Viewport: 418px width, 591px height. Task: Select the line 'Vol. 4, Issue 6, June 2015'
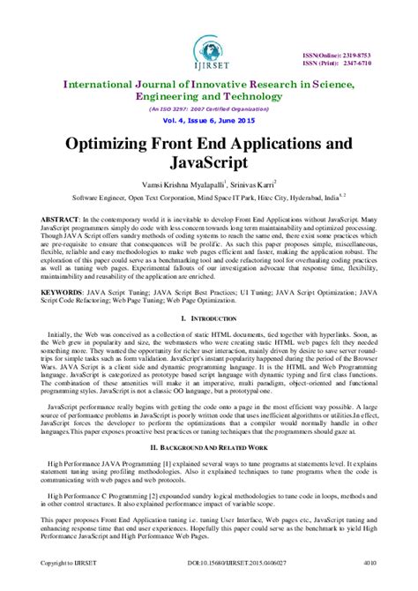point(209,121)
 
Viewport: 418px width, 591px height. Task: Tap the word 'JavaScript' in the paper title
point(209,164)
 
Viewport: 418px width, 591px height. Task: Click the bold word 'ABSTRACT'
point(43,216)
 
